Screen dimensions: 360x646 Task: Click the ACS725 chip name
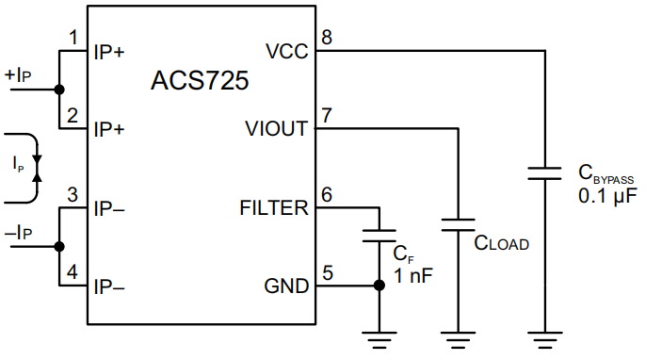pos(200,80)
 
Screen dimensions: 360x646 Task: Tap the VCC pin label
pos(286,52)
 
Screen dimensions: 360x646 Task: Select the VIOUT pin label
pos(275,129)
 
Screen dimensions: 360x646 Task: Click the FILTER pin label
pos(273,207)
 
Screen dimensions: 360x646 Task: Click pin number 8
pos(327,38)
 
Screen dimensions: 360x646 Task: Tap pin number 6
pos(327,194)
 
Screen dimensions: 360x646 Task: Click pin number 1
pos(73,38)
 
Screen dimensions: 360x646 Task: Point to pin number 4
pos(73,272)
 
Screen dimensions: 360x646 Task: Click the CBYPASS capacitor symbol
pos(545,173)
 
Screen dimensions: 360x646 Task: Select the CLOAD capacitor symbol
pos(460,225)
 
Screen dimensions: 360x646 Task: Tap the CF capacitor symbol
pos(380,234)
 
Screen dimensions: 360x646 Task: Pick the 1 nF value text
pos(414,275)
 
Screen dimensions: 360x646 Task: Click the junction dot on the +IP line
pos(59,90)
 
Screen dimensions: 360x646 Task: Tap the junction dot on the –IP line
pos(59,246)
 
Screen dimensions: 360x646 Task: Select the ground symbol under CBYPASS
pos(545,340)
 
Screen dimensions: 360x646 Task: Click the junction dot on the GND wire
pos(380,285)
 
